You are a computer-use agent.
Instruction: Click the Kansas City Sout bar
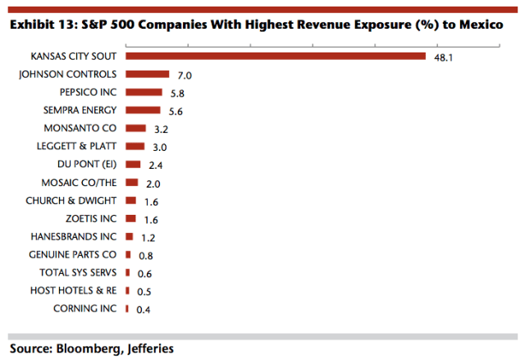click(x=276, y=57)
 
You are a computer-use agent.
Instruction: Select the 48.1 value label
click(x=443, y=57)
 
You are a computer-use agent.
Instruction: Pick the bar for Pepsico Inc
click(x=144, y=93)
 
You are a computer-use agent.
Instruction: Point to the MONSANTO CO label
click(x=80, y=129)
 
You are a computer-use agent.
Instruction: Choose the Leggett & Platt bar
click(x=135, y=147)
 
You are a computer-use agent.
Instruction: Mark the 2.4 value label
click(x=157, y=165)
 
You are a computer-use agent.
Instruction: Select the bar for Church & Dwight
click(x=131, y=201)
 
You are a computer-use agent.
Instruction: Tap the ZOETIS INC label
click(x=90, y=219)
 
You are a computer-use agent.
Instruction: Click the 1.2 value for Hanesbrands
click(x=148, y=237)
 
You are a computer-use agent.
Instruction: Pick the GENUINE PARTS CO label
click(x=73, y=255)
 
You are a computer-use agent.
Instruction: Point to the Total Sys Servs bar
click(x=128, y=273)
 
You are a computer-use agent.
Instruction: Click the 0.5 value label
click(x=144, y=291)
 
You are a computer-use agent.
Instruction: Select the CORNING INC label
click(x=84, y=309)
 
